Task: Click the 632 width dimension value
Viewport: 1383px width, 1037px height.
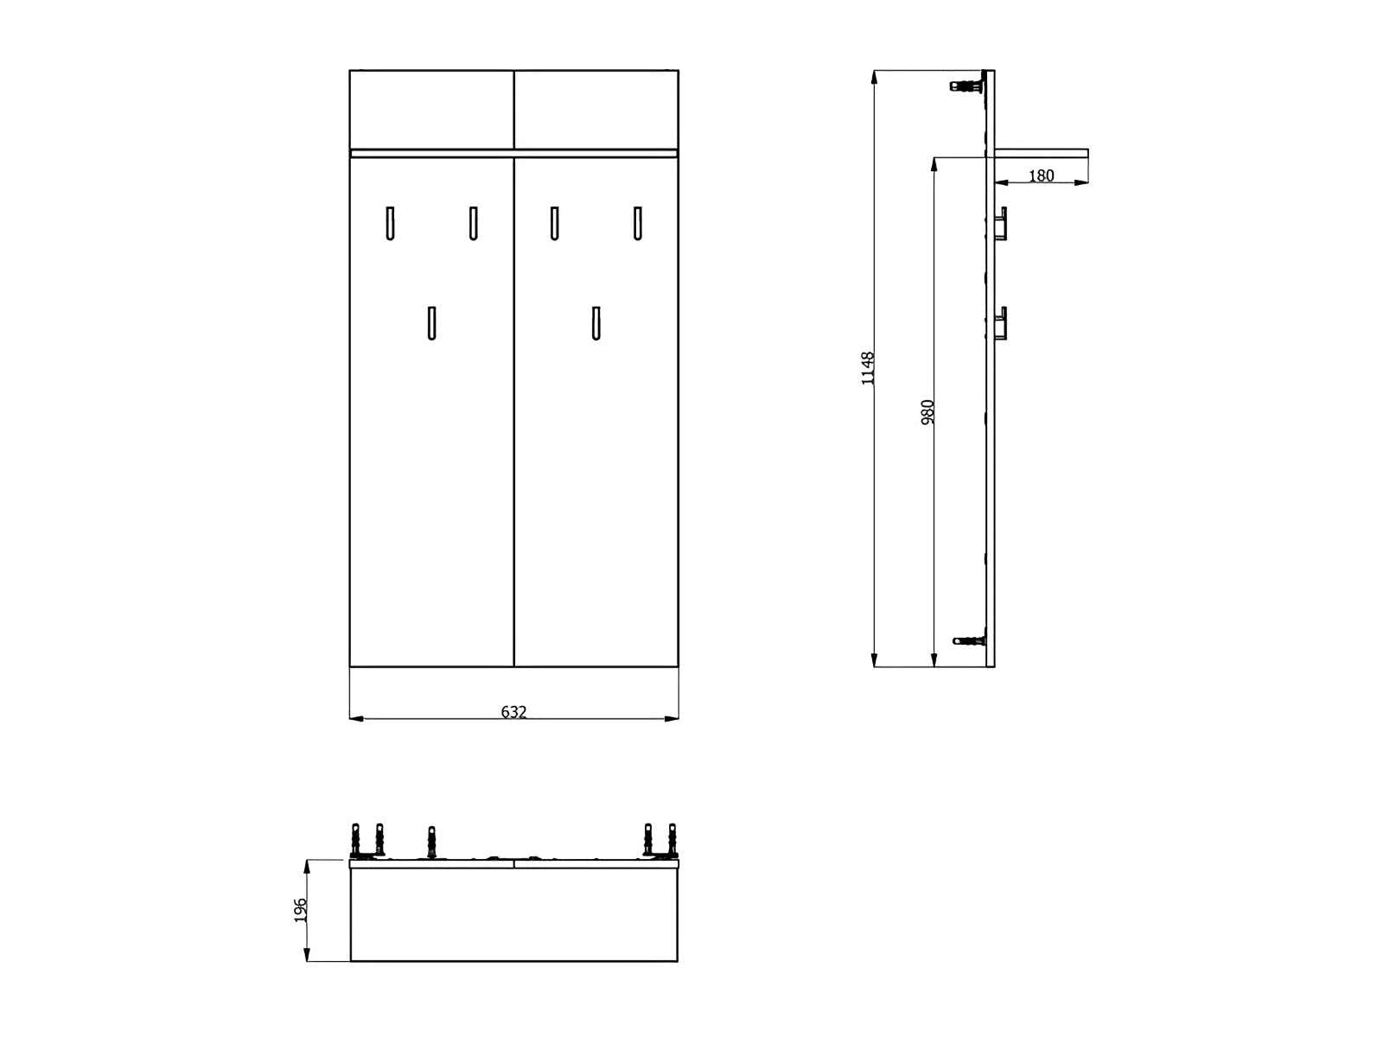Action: click(513, 712)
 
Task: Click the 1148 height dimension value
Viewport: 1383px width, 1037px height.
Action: click(869, 368)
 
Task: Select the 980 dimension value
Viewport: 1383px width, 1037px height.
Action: click(928, 411)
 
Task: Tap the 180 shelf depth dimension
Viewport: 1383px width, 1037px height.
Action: click(1042, 175)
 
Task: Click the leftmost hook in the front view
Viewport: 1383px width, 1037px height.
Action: click(390, 223)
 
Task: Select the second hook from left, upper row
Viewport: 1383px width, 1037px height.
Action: click(473, 223)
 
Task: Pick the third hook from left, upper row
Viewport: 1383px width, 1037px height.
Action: click(554, 223)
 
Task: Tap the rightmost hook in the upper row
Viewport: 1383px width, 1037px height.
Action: click(637, 223)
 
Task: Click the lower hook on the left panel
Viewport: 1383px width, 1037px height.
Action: click(431, 323)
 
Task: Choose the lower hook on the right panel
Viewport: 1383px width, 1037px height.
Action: click(596, 323)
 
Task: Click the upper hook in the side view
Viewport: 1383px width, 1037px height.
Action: click(1001, 224)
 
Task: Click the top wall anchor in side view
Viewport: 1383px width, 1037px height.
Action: click(968, 85)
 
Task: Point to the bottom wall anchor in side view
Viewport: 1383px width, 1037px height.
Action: click(969, 640)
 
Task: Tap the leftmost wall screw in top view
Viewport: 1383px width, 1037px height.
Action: click(355, 839)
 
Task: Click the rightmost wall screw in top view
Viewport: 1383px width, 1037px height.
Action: click(672, 839)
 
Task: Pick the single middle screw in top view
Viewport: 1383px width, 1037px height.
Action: click(431, 841)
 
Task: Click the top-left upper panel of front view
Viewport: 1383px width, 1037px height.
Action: click(431, 109)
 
